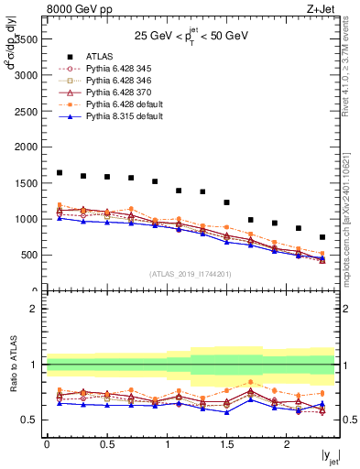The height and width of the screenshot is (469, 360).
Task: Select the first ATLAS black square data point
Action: [60, 172]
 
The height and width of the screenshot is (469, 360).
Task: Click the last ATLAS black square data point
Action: [322, 237]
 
